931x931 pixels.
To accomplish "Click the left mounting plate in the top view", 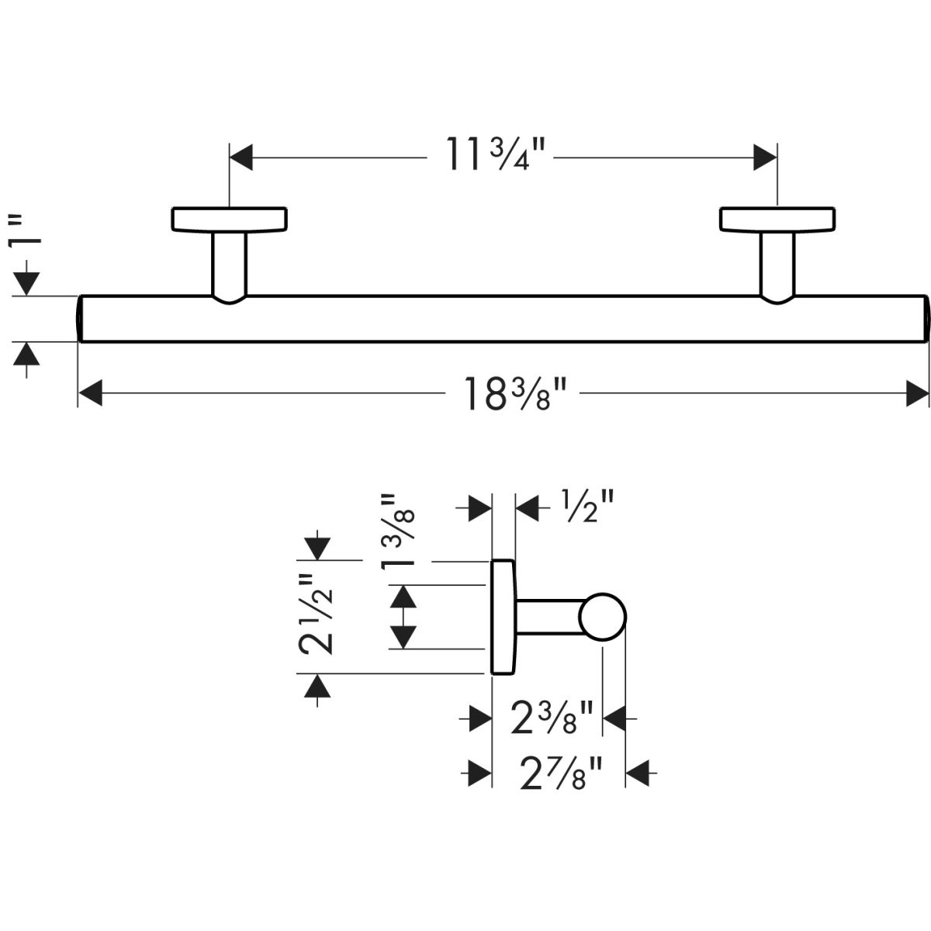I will click(230, 219).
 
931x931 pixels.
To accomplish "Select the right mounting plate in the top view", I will click(777, 219).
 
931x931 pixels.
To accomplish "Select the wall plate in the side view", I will click(501, 617).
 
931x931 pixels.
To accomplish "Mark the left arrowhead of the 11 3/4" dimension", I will click(242, 157).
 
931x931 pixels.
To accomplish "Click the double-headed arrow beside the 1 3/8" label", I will click(401, 617).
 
